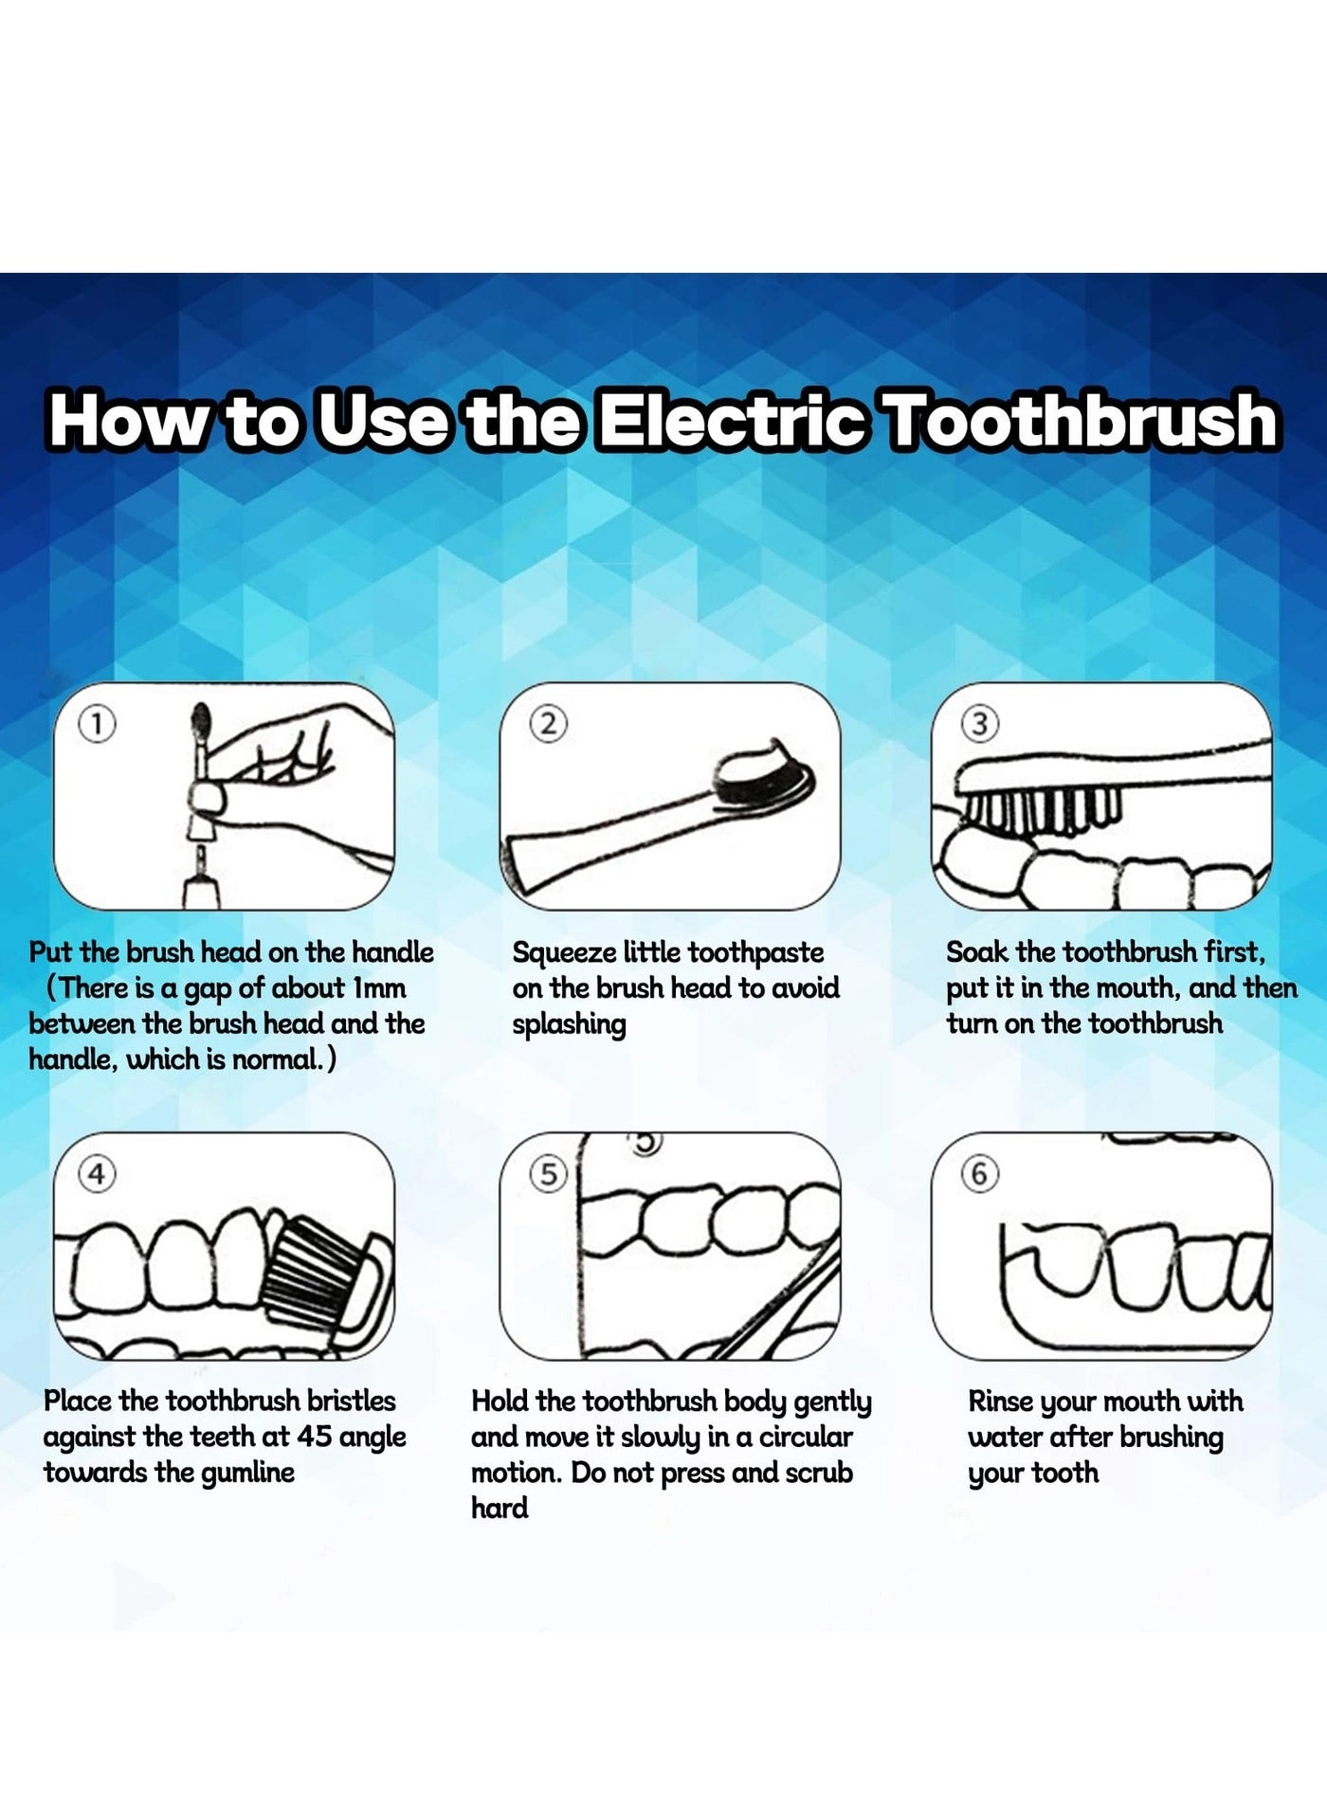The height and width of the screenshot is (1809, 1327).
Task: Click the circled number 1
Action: click(97, 725)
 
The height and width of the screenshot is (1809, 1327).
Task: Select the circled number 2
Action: click(548, 725)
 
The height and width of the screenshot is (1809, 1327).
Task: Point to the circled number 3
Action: click(980, 725)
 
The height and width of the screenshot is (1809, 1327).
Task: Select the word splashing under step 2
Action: click(569, 1025)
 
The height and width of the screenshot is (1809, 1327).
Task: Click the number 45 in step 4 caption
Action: click(314, 1437)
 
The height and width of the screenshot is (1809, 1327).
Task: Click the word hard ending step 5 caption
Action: click(500, 1508)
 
